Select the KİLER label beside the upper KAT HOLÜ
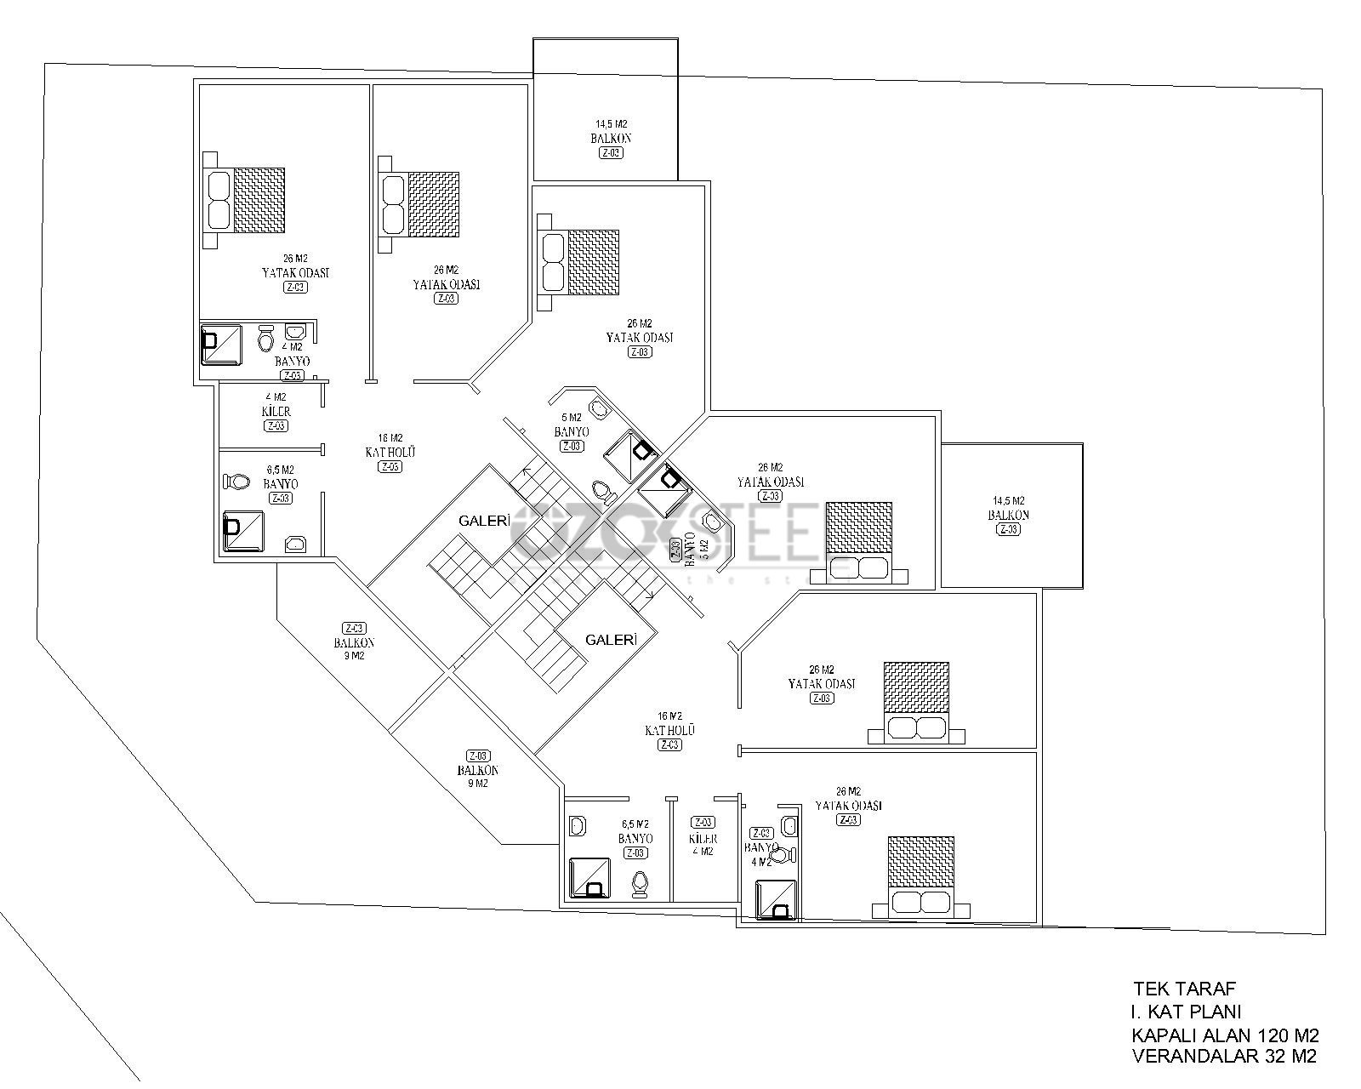tap(276, 411)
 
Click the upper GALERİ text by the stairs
tap(483, 521)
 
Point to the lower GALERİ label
tap(610, 640)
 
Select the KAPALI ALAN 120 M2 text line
tap(1225, 1035)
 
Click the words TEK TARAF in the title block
tap(1183, 989)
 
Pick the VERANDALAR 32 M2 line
tap(1224, 1058)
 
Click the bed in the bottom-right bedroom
tap(921, 876)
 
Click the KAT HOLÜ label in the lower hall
tap(670, 730)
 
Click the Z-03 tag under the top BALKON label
tap(611, 153)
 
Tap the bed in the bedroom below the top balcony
tap(578, 262)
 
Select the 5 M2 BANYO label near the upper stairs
tap(572, 425)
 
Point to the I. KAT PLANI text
tap(1186, 1012)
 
